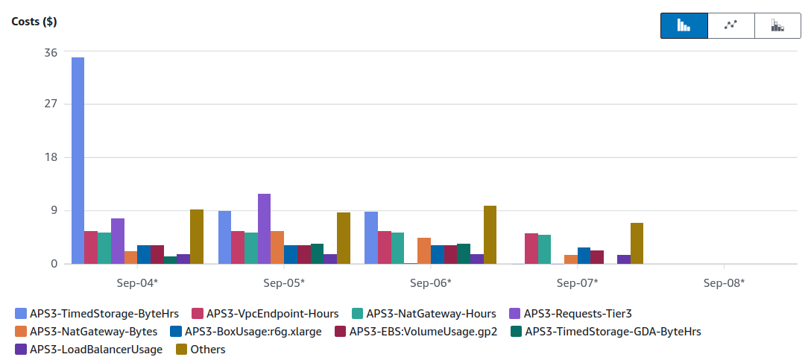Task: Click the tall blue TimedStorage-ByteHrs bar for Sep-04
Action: point(78,160)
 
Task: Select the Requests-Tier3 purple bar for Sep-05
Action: point(265,229)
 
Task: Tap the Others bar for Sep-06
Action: point(490,235)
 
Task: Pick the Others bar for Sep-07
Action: point(637,243)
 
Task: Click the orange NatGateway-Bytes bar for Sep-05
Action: point(277,247)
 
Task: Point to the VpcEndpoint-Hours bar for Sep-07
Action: point(531,248)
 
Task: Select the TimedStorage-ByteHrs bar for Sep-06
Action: point(371,238)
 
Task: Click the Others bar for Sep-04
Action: point(197,236)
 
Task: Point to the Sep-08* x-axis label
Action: point(724,283)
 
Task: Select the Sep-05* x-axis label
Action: point(284,283)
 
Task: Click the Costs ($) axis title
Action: point(34,22)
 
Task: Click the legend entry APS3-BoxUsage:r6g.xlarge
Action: point(246,332)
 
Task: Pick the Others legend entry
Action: point(201,350)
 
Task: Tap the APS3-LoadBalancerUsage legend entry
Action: point(89,350)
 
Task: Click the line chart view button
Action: point(730,25)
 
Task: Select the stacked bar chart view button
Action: point(778,25)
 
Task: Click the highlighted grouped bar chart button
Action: point(684,25)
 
